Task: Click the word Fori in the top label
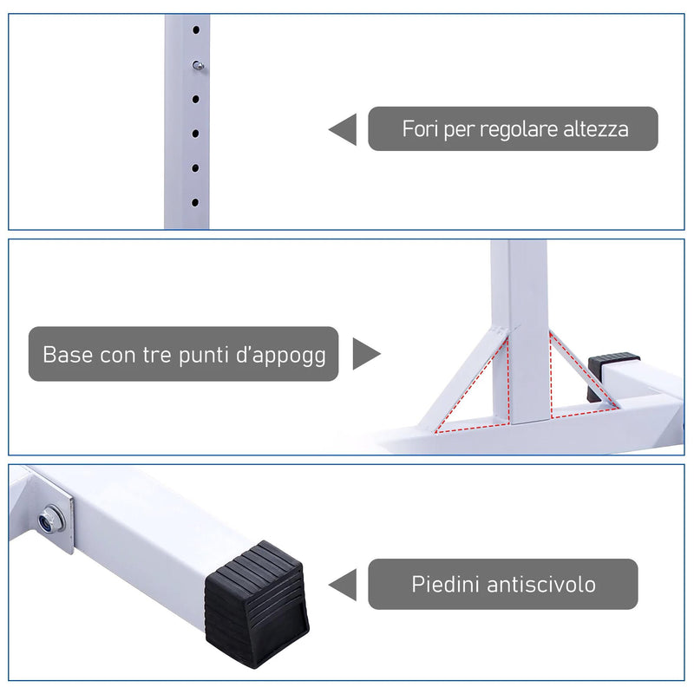[x=421, y=129]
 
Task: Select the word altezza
[x=596, y=129]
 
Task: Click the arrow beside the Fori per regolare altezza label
[x=344, y=129]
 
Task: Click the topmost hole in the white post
[x=196, y=29]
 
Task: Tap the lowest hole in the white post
[x=195, y=201]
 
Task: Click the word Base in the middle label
[x=66, y=355]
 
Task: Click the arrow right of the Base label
[x=365, y=354]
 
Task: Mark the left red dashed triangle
[x=476, y=390]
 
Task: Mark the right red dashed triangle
[x=579, y=378]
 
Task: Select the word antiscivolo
[x=541, y=584]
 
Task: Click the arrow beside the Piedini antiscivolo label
[x=344, y=584]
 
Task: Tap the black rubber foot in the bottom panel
[x=255, y=602]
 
